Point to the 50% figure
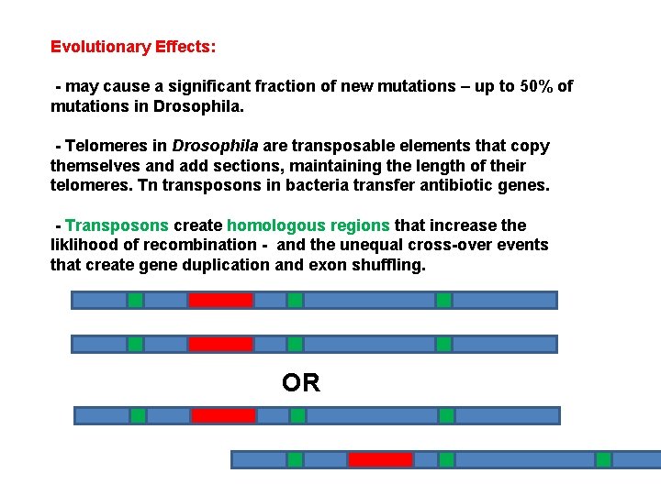(x=537, y=86)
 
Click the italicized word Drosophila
(x=216, y=146)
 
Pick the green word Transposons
(x=117, y=225)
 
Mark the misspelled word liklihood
(x=84, y=245)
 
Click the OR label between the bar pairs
(x=301, y=382)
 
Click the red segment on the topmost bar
(x=220, y=300)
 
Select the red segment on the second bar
(x=220, y=344)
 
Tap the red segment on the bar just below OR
(x=223, y=415)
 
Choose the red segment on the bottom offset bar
(x=380, y=459)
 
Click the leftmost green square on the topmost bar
(x=135, y=300)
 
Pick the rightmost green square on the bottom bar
(x=603, y=459)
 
